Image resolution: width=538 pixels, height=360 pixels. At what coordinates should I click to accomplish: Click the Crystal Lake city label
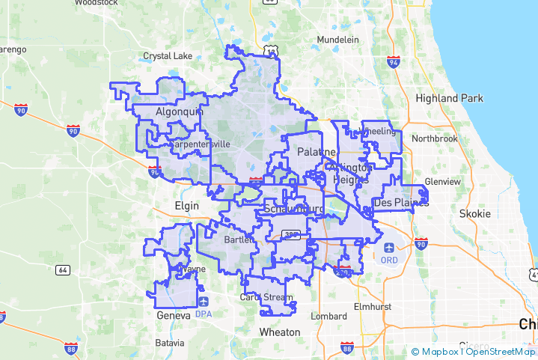(168, 56)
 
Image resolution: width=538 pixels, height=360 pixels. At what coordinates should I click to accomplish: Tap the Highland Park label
(449, 98)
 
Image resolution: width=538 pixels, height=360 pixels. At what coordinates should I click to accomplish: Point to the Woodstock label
(97, 3)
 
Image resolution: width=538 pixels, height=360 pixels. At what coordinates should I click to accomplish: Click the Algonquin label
(179, 112)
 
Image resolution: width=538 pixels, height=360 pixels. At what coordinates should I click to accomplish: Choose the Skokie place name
(475, 213)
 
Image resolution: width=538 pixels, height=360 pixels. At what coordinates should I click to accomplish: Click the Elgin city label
(186, 205)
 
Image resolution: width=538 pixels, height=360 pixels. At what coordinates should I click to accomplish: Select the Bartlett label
(240, 240)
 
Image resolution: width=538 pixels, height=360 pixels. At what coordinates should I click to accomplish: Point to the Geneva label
(174, 316)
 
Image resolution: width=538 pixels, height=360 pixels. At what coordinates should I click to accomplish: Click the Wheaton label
(279, 332)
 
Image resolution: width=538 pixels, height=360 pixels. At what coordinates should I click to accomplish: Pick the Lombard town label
(328, 316)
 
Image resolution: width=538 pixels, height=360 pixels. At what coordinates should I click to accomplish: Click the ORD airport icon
(389, 247)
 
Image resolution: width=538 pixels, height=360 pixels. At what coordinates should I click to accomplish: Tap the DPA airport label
(204, 314)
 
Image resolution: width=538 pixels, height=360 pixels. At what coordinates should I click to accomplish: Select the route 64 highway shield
(63, 269)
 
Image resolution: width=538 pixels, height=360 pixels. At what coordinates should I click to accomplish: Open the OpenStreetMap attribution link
(501, 352)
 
